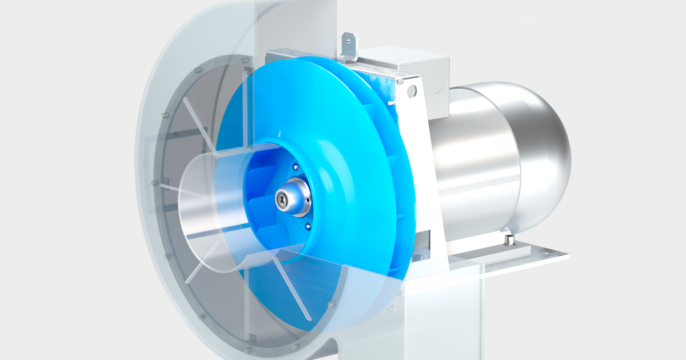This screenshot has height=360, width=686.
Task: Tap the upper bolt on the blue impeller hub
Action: tap(295, 167)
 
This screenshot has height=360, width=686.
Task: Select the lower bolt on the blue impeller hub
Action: tap(309, 227)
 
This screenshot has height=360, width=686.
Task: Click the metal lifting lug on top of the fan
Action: tap(347, 45)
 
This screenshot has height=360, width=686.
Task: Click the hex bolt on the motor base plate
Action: tap(508, 241)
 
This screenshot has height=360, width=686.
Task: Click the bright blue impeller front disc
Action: tap(354, 171)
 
